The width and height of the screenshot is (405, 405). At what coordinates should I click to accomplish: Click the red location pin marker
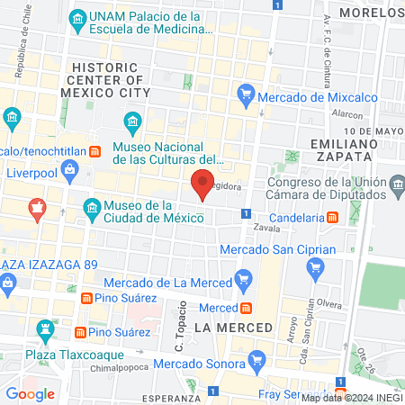pyautogui.click(x=202, y=184)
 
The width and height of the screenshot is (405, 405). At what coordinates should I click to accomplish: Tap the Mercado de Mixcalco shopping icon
pyautogui.click(x=246, y=94)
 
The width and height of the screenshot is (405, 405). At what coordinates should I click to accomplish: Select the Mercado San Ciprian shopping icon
pyautogui.click(x=315, y=266)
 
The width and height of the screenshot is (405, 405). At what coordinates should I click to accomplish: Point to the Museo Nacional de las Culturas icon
pyautogui.click(x=133, y=121)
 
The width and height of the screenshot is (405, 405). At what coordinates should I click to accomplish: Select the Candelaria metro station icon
pyautogui.click(x=332, y=217)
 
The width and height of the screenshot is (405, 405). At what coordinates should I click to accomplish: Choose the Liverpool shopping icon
pyautogui.click(x=12, y=171)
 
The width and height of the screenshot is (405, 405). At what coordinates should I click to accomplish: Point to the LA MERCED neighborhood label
pyautogui.click(x=232, y=328)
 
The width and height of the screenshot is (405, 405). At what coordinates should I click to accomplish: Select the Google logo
pyautogui.click(x=30, y=393)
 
